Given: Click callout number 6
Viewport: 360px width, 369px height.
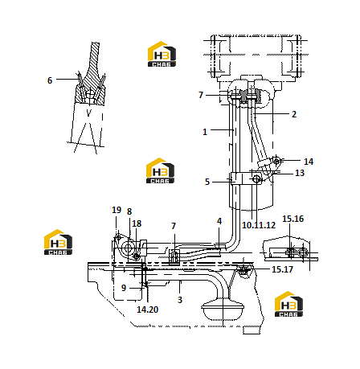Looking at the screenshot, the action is click(x=50, y=80).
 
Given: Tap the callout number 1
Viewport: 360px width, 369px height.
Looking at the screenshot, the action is click(x=205, y=132).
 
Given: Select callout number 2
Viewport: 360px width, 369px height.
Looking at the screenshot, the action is click(x=294, y=114).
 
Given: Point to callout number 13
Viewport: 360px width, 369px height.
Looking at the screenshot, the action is click(x=300, y=173).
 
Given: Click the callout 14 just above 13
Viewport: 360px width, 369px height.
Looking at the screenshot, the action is click(x=309, y=162).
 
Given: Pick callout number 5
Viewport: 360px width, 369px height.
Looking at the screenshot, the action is click(x=207, y=182).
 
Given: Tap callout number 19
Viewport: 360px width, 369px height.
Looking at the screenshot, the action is click(x=117, y=210).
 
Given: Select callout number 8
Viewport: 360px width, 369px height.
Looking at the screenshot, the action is click(x=129, y=211).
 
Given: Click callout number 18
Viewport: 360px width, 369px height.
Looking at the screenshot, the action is click(x=137, y=223).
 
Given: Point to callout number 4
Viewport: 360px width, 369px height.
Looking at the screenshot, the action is click(x=219, y=221).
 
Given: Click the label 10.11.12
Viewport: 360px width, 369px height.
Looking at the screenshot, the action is click(x=259, y=225).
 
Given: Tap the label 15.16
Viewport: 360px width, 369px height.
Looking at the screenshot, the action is click(x=293, y=219).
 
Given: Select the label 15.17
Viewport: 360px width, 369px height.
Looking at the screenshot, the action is click(x=282, y=269).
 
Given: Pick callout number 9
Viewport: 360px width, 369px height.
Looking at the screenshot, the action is click(x=124, y=288).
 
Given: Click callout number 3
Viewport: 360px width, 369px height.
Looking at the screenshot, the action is click(x=180, y=300).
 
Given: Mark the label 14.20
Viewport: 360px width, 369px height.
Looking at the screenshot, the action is click(x=148, y=310).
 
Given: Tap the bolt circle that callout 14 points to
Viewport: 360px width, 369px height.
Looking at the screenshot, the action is click(x=276, y=162).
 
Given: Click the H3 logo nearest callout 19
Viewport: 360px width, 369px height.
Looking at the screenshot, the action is click(x=58, y=242).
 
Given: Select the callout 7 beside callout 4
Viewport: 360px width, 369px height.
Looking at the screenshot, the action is click(x=174, y=226).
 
